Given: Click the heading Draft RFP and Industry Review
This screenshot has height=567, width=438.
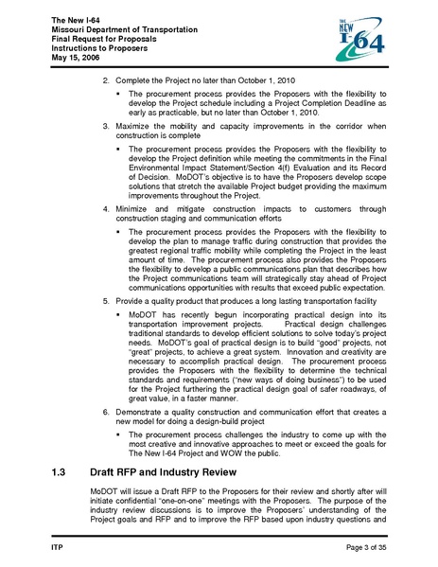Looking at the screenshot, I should pos(178,470).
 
